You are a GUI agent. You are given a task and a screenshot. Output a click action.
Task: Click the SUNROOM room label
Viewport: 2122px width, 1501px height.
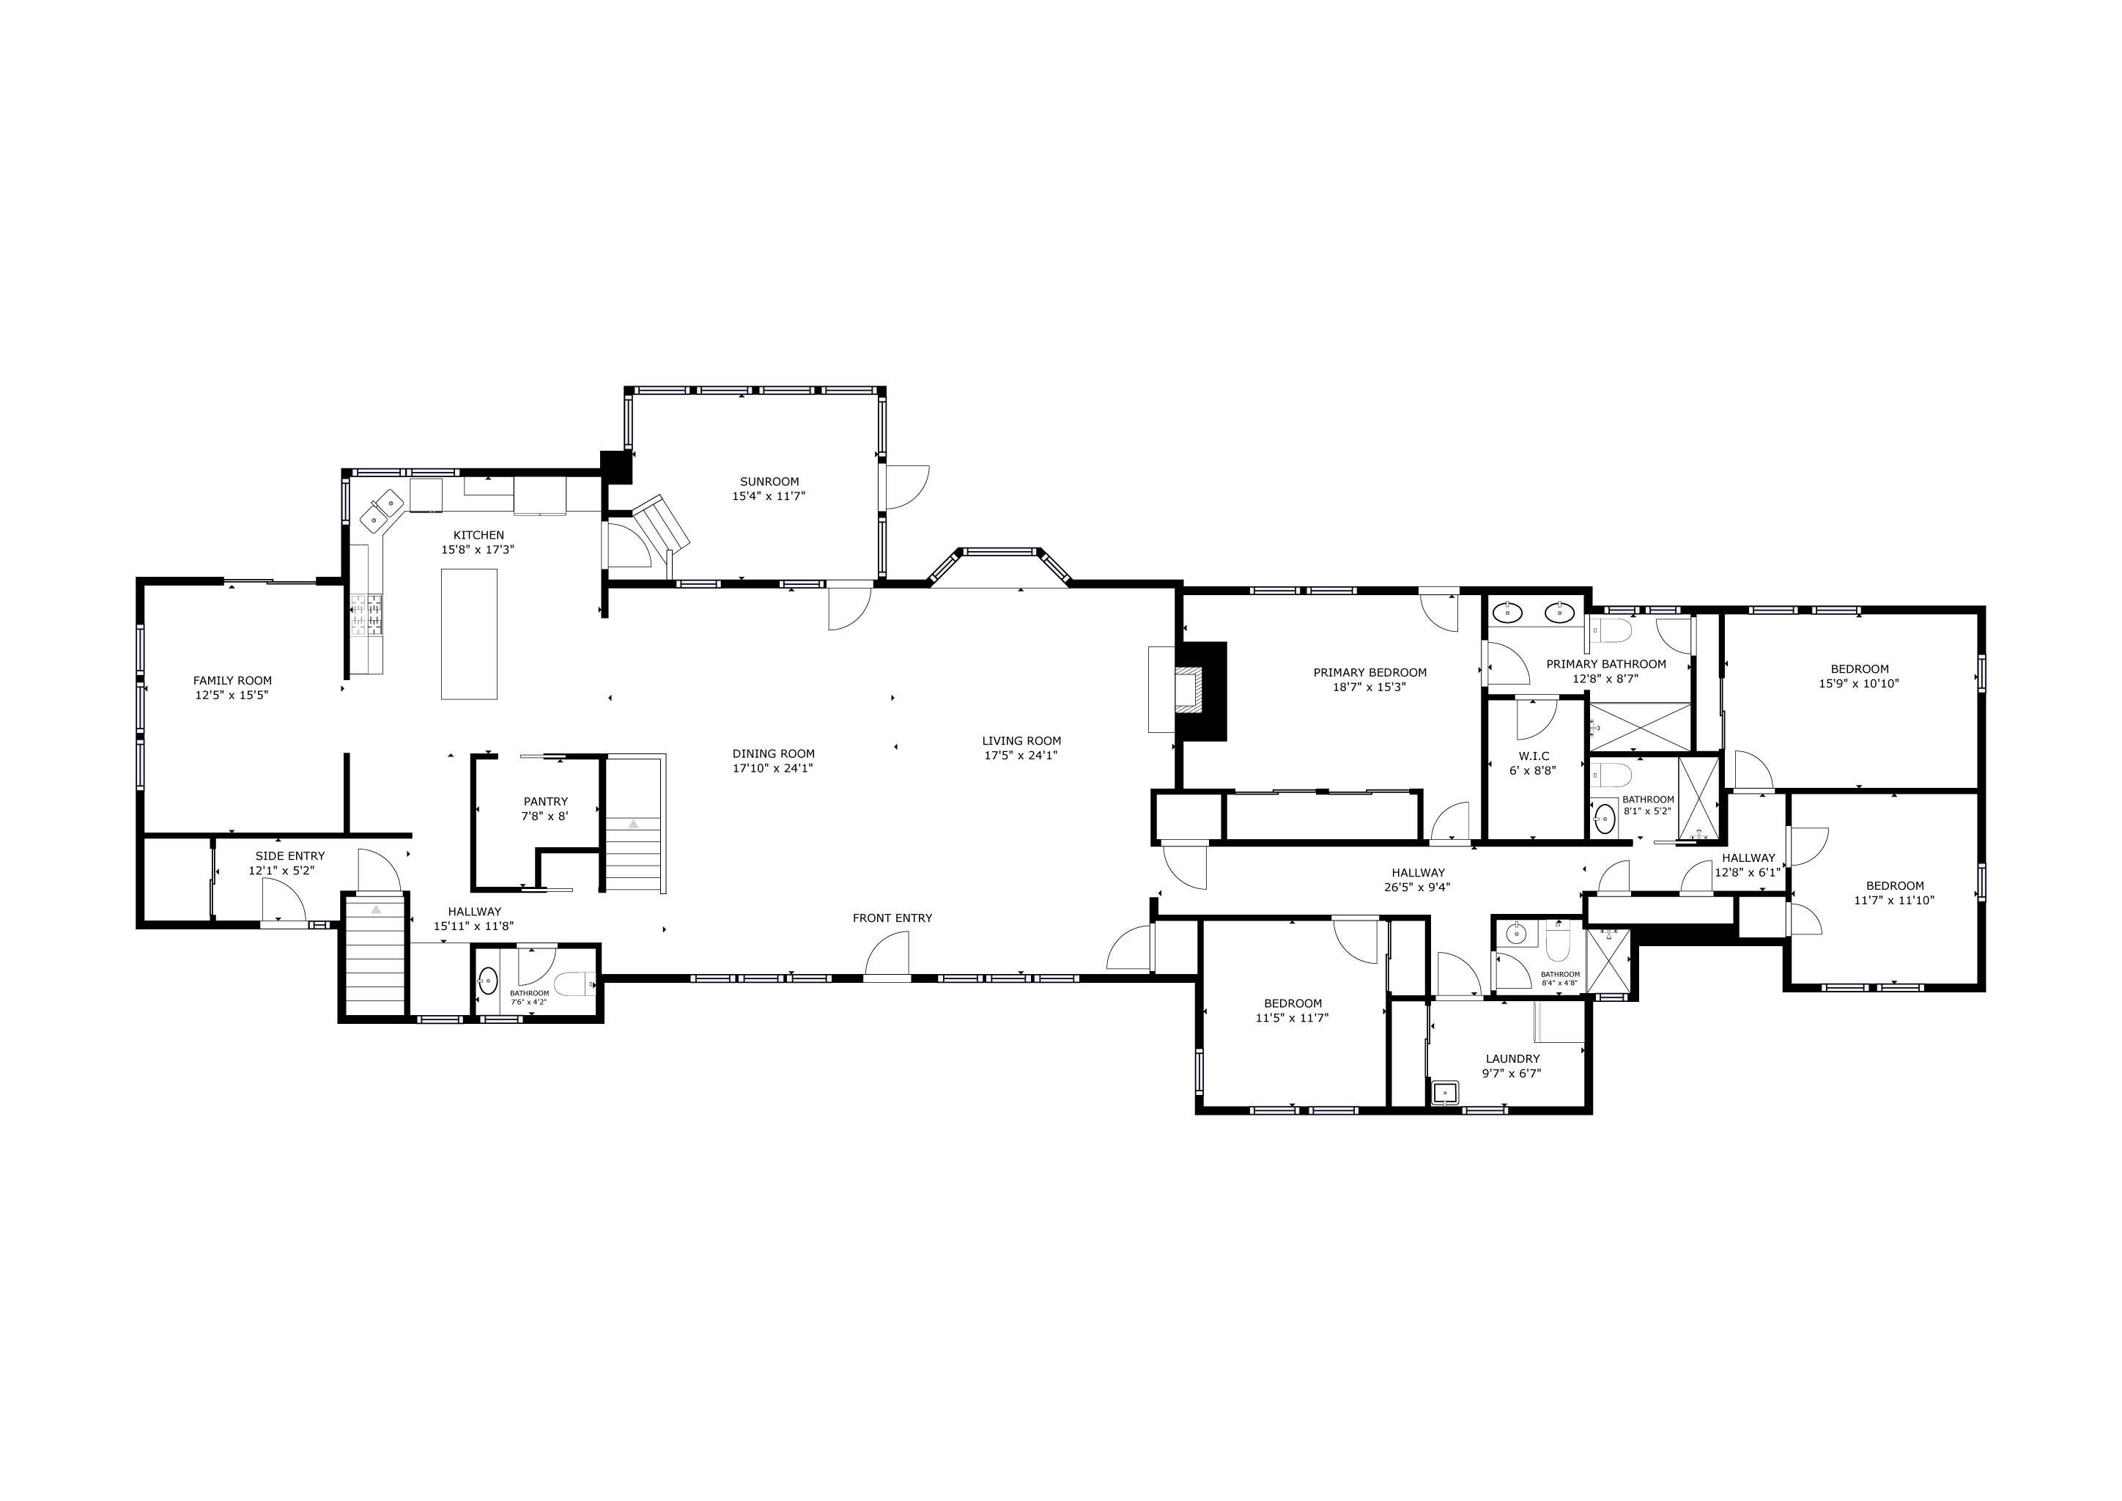[x=769, y=482]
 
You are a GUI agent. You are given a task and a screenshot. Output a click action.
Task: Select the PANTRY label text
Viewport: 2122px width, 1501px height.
[x=545, y=801]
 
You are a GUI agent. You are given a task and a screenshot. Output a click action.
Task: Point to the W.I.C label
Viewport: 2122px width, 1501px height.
[x=1534, y=756]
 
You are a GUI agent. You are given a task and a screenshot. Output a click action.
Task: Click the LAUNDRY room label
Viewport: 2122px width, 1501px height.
[x=1513, y=1059]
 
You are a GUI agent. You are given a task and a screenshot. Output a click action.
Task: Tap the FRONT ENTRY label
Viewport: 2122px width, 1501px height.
[x=892, y=918]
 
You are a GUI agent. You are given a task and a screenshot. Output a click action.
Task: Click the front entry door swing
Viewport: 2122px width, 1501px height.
[x=887, y=953]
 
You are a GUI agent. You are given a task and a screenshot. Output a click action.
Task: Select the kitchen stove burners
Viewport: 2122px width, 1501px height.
[x=366, y=616]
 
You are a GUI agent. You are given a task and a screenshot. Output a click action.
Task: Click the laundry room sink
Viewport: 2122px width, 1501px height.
[x=1443, y=1094]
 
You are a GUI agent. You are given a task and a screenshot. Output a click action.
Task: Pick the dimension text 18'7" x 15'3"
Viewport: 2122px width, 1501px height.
[x=1369, y=687]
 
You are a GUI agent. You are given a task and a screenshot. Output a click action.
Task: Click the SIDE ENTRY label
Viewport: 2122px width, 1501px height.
[x=290, y=856]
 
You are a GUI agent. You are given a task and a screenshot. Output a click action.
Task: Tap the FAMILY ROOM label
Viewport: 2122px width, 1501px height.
[x=233, y=681]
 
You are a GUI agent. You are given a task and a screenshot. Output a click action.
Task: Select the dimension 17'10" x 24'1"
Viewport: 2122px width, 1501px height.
[x=774, y=768]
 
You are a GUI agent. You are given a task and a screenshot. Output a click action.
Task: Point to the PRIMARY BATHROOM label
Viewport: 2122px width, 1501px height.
[x=1606, y=663]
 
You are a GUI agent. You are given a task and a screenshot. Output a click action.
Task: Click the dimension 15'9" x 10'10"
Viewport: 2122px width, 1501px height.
[x=1860, y=684]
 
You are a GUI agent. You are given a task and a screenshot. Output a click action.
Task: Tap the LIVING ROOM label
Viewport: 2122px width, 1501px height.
[x=1021, y=740]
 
